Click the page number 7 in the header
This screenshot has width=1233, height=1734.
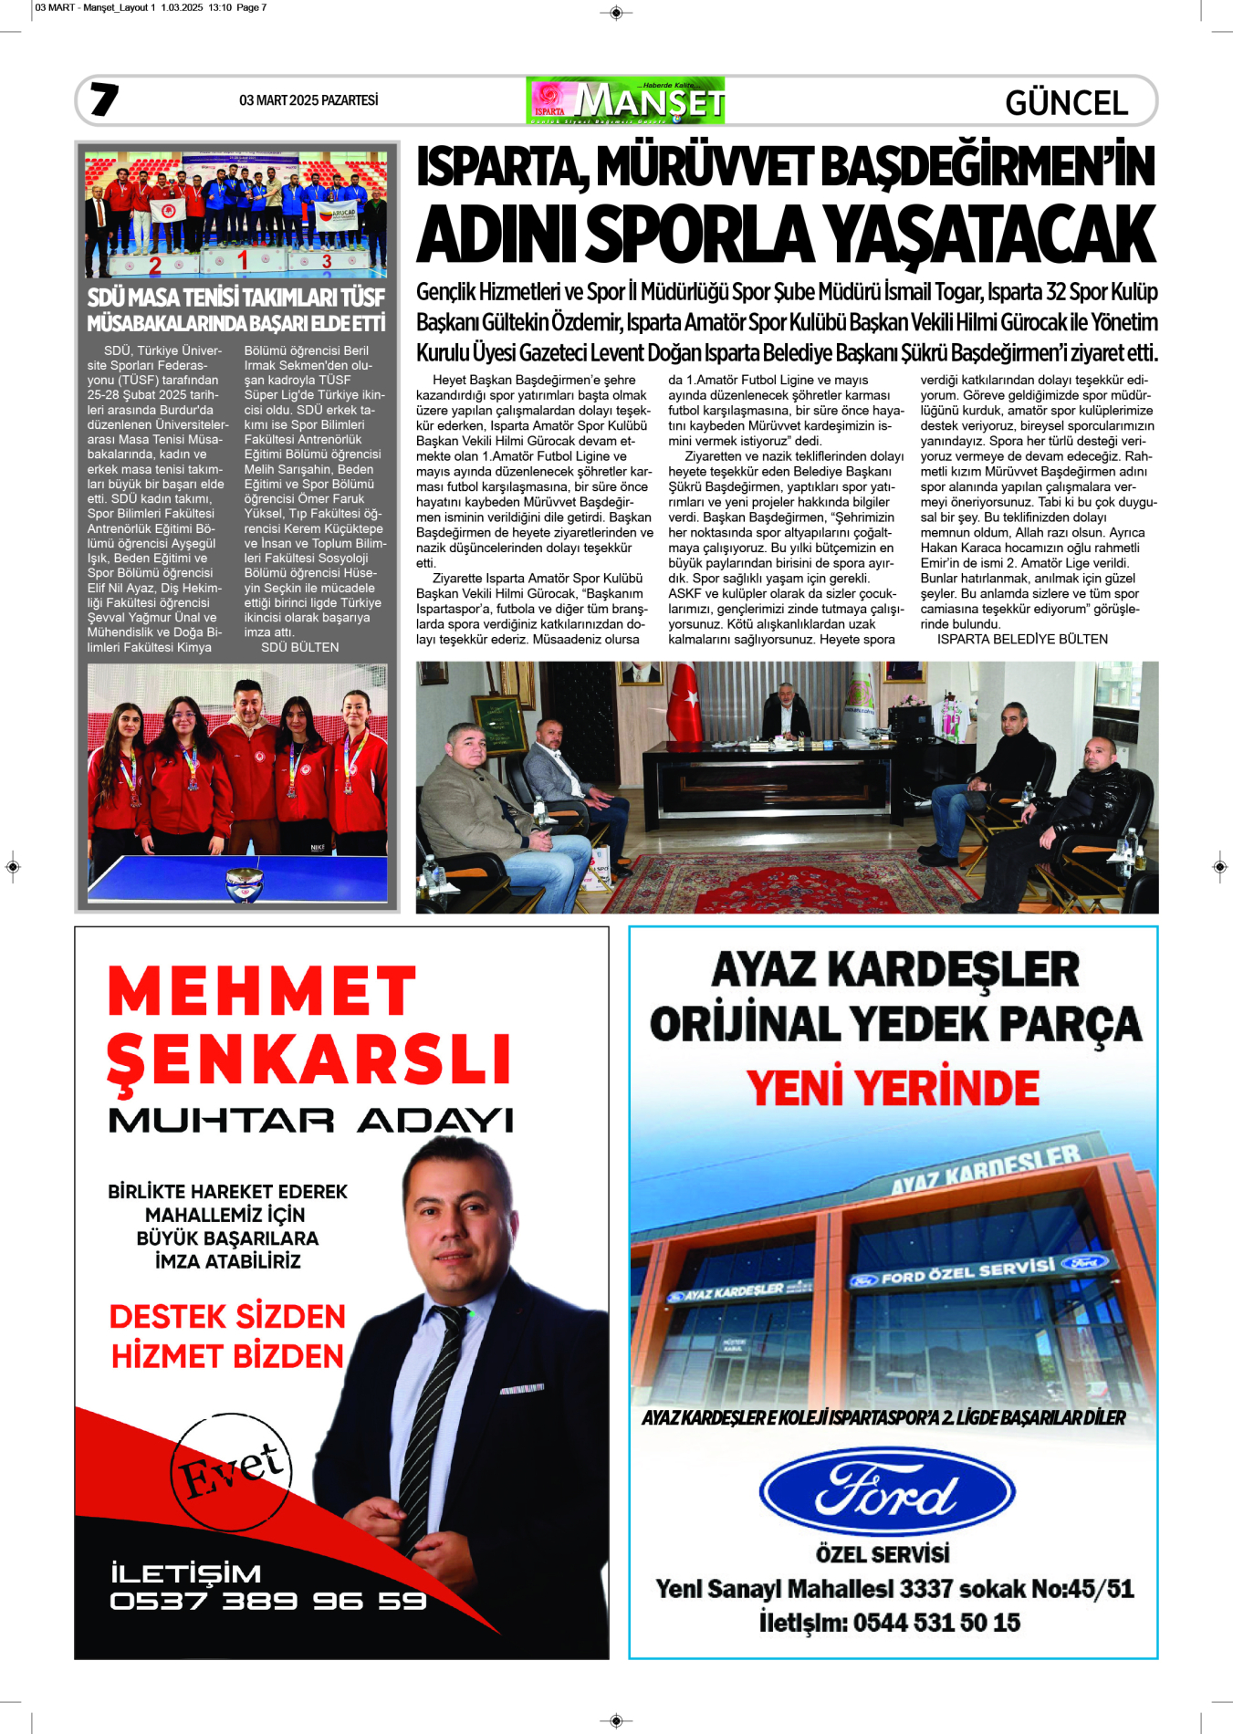pos(104,99)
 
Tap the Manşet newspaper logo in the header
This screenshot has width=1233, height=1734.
pos(625,100)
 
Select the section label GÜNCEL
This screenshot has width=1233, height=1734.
pos(1066,103)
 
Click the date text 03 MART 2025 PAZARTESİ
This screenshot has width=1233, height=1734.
pos(308,100)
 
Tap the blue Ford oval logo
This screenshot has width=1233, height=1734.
pos(886,1493)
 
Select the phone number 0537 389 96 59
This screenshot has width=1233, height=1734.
pos(267,1602)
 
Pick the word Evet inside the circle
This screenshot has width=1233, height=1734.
pos(233,1469)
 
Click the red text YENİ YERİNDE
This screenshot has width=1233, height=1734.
pos(893,1088)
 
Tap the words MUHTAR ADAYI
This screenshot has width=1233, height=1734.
pos(310,1121)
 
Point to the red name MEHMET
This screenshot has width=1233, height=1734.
pos(262,992)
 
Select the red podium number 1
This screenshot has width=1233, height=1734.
pos(242,261)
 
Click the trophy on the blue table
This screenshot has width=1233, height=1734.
pos(244,883)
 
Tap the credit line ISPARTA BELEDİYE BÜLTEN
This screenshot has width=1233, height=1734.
pos(1022,640)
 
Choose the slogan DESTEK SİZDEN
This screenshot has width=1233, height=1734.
pos(227,1317)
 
